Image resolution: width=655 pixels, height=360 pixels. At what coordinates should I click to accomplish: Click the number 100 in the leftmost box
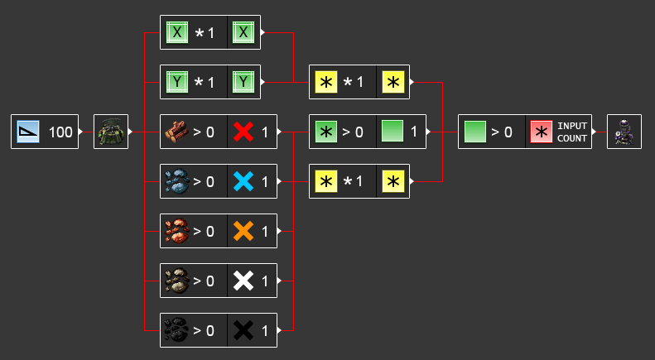pos(60,132)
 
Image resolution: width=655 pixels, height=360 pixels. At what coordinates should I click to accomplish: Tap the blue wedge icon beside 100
pos(28,132)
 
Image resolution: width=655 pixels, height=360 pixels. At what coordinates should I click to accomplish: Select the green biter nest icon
pos(110,132)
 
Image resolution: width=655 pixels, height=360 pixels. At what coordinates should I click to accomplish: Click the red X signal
pos(243,132)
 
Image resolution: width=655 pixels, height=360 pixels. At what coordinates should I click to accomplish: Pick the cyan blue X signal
pos(243,181)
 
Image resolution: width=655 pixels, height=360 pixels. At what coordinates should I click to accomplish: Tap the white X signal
pos(243,281)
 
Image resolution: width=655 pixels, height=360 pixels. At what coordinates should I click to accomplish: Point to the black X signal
pos(243,330)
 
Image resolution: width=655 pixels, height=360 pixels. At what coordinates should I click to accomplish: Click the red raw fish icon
pos(177,231)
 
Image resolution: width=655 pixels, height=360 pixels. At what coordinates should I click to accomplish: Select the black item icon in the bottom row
pos(177,330)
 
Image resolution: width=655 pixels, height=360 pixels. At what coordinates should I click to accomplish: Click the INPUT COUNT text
pos(572,132)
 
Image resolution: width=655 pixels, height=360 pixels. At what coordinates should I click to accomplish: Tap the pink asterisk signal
pos(542,132)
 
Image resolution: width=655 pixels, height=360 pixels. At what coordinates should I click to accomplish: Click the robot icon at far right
pos(624,132)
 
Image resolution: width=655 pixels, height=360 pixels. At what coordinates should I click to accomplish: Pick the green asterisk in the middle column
pos(326,132)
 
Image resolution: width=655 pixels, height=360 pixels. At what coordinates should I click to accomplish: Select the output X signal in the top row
pos(243,32)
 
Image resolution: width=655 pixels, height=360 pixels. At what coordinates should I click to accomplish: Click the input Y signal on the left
pos(177,82)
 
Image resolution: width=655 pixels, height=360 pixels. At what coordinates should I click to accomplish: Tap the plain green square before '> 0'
pos(475,132)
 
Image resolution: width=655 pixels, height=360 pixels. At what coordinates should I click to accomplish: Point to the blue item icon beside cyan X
pos(177,181)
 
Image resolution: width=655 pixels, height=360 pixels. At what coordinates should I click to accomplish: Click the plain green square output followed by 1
pos(393,132)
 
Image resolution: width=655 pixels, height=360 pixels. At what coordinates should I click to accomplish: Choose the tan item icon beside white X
pos(177,281)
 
